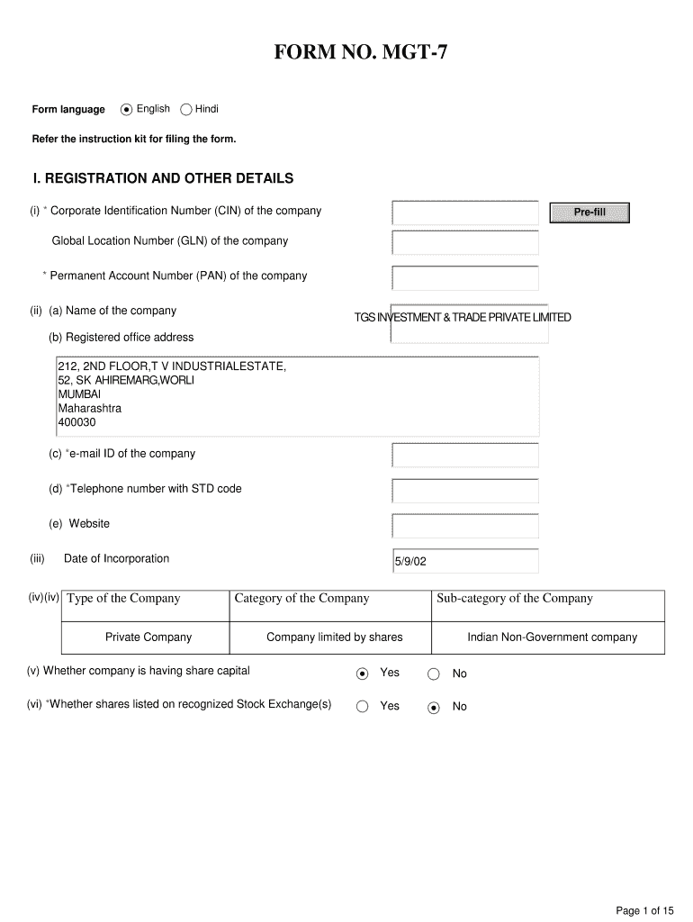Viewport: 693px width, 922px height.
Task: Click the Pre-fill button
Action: (589, 212)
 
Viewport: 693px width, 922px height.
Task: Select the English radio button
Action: (127, 110)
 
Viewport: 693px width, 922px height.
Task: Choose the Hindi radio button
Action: (186, 110)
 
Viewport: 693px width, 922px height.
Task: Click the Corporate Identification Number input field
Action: (465, 212)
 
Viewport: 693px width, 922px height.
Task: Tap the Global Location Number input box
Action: (465, 242)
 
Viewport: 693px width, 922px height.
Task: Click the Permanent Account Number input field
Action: (465, 277)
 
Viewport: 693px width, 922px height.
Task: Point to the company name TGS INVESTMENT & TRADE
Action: (463, 318)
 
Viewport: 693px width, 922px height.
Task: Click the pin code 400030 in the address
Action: (77, 422)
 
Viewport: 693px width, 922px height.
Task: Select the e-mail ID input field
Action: (465, 455)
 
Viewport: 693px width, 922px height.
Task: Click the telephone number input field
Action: (465, 490)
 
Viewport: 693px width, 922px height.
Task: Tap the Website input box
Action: (465, 525)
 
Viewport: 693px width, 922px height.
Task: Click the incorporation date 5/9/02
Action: (410, 562)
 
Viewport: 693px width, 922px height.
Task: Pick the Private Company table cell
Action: (148, 637)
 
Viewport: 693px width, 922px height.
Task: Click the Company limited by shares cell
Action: (334, 637)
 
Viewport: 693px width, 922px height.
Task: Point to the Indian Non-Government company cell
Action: (552, 637)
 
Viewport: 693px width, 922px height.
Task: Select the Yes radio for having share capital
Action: (362, 673)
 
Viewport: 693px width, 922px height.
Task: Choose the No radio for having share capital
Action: (433, 673)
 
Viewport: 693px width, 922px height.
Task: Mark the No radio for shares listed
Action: (433, 707)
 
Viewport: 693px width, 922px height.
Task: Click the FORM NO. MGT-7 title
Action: (360, 55)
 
